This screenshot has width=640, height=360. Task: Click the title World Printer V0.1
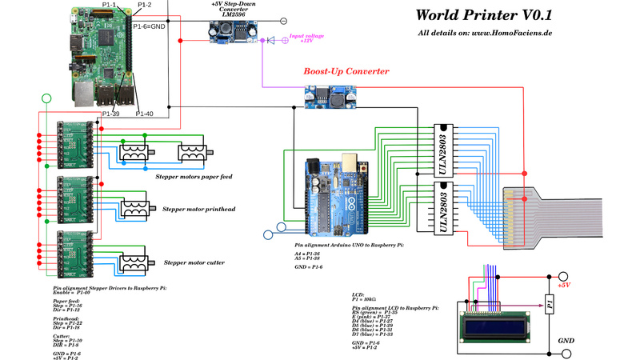(484, 14)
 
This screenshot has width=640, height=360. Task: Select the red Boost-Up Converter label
(346, 72)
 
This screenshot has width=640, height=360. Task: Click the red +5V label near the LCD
(563, 284)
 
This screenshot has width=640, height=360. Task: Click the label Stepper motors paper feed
(194, 176)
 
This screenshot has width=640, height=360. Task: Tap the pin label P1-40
(145, 114)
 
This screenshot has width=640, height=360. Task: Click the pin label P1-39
(111, 114)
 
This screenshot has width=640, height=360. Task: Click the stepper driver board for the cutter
(76, 249)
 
